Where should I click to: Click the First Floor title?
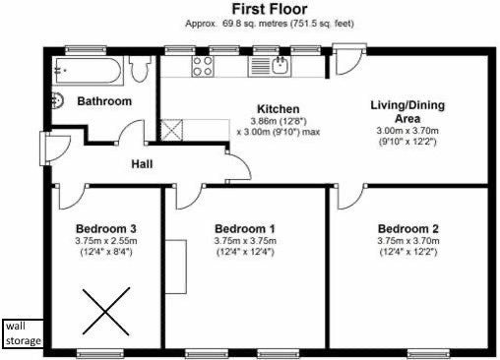click(270, 9)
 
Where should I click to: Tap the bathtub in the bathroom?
click(90, 71)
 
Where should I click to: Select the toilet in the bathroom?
click(140, 68)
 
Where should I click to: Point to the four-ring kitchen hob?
click(203, 67)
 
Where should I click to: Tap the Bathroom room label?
click(104, 101)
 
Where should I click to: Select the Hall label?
click(142, 164)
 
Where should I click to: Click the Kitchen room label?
click(279, 109)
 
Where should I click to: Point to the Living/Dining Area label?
click(407, 112)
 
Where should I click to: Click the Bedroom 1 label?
click(245, 228)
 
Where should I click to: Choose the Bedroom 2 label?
click(408, 228)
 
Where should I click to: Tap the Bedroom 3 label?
click(106, 228)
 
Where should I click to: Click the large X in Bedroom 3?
click(106, 312)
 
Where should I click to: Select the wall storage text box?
click(23, 333)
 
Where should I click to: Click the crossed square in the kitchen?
click(171, 130)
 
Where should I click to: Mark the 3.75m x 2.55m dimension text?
click(106, 241)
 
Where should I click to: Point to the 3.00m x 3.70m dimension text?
click(407, 131)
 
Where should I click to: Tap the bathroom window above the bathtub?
click(86, 50)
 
